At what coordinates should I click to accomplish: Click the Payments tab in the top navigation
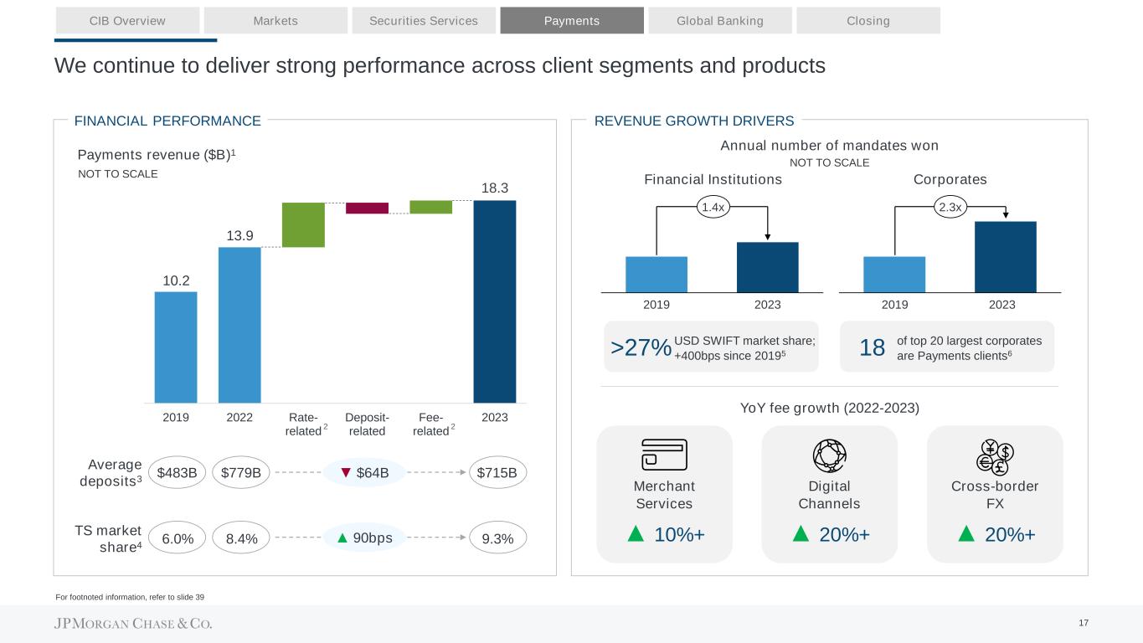click(x=572, y=21)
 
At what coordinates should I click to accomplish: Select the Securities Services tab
click(x=424, y=21)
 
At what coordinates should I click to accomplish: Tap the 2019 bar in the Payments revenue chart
click(x=176, y=347)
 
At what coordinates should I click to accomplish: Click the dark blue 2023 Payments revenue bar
click(x=494, y=301)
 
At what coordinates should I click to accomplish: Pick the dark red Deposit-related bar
click(x=367, y=208)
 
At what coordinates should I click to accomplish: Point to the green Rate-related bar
click(x=303, y=224)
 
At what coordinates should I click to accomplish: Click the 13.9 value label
click(x=239, y=235)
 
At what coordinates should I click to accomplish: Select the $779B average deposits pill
click(x=240, y=473)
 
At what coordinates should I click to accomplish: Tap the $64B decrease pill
click(x=365, y=473)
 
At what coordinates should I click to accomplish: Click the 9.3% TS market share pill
click(x=497, y=538)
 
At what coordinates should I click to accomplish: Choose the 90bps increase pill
click(x=365, y=538)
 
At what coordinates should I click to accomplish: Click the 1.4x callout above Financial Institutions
click(x=712, y=206)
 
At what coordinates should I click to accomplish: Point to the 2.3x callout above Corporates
click(x=950, y=206)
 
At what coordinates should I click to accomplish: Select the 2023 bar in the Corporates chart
click(x=1005, y=256)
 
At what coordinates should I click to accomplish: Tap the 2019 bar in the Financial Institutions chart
click(x=656, y=274)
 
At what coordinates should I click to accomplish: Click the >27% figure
click(x=641, y=347)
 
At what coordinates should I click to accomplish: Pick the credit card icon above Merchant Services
click(x=664, y=455)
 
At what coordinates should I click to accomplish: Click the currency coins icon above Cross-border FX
click(x=995, y=456)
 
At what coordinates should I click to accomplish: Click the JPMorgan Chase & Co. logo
click(x=133, y=624)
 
